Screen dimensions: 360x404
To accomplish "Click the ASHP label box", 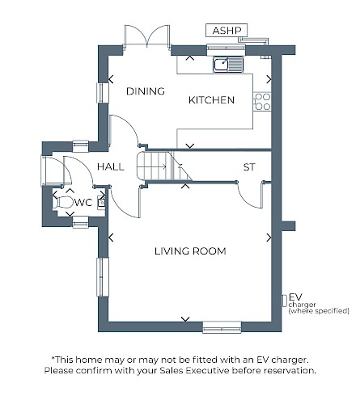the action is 227,30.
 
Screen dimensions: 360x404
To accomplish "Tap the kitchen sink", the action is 228,65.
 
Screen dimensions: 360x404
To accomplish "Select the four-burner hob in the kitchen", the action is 262,102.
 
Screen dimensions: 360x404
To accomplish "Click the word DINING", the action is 146,91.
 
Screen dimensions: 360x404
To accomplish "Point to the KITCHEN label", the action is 211,100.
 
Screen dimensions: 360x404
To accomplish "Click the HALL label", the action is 111,166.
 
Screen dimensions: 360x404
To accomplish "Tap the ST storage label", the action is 248,167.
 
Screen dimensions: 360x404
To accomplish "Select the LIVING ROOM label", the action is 190,251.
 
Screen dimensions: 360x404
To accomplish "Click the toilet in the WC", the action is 62,202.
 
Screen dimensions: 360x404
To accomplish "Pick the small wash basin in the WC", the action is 101,201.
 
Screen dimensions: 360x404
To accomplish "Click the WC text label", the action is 83,202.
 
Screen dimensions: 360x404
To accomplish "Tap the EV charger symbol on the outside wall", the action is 284,301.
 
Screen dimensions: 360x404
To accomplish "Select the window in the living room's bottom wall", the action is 222,327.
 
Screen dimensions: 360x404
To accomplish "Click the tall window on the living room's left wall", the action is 103,277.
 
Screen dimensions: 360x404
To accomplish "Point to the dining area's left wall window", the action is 103,93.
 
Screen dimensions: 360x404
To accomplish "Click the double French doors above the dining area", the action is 147,36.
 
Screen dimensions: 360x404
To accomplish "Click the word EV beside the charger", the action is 295,297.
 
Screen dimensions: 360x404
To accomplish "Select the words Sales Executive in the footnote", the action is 194,371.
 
